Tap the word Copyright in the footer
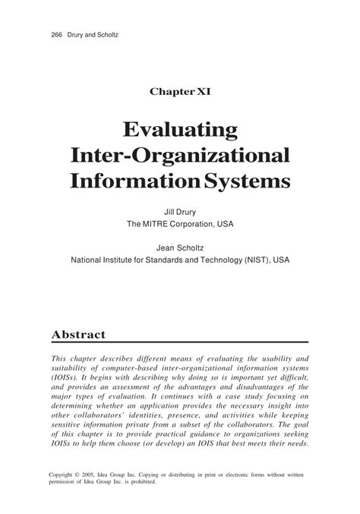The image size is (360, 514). click(65, 474)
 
